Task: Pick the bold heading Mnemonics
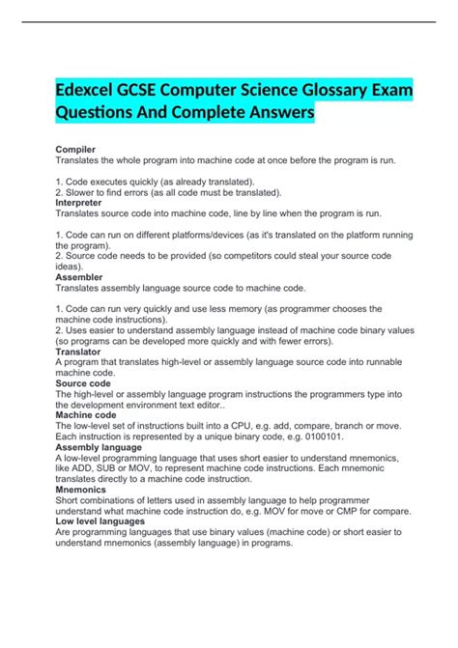[86, 490]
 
